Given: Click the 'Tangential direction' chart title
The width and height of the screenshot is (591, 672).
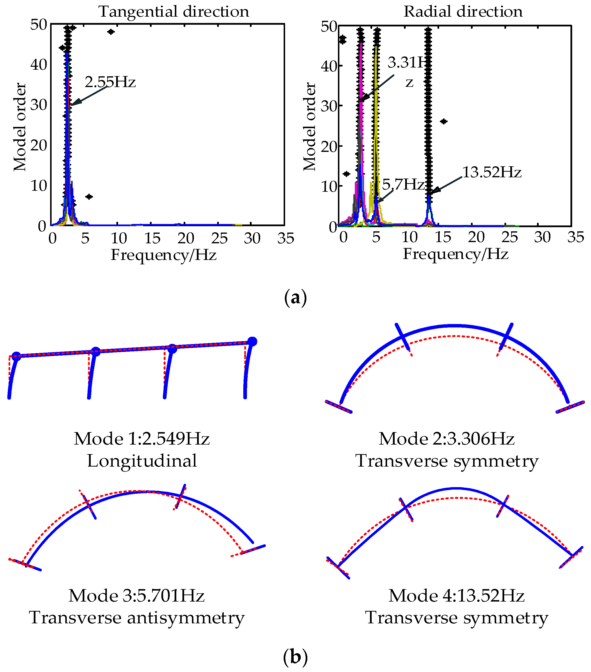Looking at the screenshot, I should (x=174, y=12).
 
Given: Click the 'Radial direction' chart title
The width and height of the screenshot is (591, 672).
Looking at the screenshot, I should (x=463, y=12).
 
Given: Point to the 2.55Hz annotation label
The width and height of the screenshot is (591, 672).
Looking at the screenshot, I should (x=110, y=82).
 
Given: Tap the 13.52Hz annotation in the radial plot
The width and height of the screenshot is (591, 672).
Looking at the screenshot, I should (x=492, y=172).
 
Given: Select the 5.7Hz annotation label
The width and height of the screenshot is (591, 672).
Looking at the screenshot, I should (x=403, y=184).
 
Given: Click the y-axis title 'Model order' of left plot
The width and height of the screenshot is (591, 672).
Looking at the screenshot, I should (x=20, y=127).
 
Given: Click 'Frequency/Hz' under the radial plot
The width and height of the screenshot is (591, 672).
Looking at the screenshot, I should (x=456, y=254).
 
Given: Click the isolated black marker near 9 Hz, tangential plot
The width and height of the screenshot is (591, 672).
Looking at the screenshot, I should (x=111, y=32).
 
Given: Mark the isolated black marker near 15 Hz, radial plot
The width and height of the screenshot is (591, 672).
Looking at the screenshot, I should (x=444, y=122).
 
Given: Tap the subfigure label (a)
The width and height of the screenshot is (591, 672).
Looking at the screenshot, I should (x=295, y=298).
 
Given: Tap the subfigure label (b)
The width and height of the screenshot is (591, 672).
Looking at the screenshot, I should (x=295, y=657).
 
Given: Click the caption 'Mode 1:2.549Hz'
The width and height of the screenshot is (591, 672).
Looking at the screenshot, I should (x=142, y=439).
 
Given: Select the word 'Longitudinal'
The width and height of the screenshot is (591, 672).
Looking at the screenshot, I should (x=142, y=461).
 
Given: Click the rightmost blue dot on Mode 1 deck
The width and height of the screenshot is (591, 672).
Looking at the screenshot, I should (x=252, y=342).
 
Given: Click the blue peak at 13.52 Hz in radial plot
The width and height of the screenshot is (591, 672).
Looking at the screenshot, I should (x=429, y=197).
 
